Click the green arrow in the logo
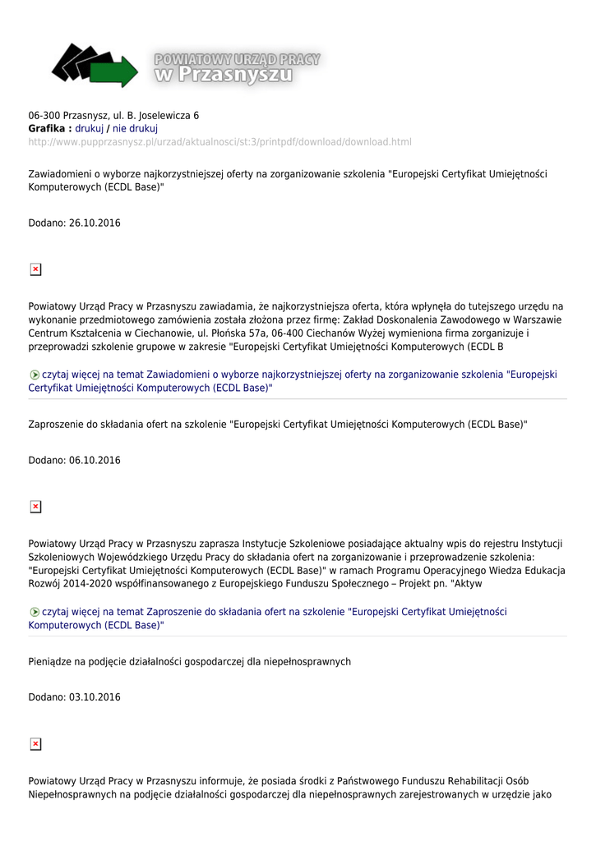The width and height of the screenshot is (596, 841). [119, 72]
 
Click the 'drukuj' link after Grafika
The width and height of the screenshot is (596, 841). [90, 129]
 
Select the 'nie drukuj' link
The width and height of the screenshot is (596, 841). [135, 129]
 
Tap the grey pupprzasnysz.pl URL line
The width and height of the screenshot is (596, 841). [219, 142]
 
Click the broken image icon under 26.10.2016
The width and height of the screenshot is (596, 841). [35, 269]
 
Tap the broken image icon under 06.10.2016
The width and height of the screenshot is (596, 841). [35, 507]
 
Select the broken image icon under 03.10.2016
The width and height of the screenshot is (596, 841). [35, 744]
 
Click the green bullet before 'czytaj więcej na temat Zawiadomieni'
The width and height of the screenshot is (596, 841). [34, 375]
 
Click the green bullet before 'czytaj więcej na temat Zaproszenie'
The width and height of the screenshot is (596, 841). [34, 613]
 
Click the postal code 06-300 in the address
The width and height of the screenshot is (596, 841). [44, 116]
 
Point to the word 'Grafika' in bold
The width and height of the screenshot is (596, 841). [47, 129]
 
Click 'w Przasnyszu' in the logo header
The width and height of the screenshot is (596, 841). [224, 76]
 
